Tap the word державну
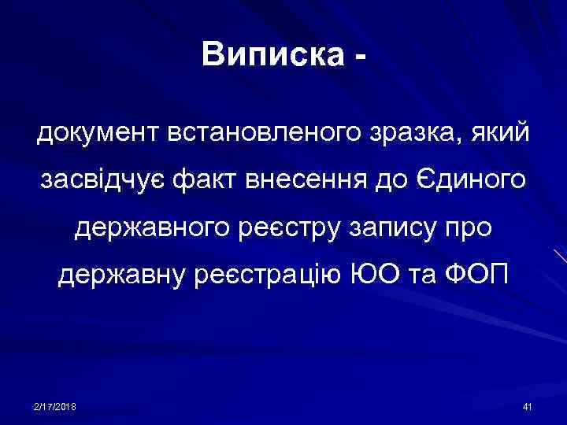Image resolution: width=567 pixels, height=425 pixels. coord(122,277)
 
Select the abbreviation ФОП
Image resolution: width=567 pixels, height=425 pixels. coord(479,277)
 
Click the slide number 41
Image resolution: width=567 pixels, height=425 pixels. coord(528,405)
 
